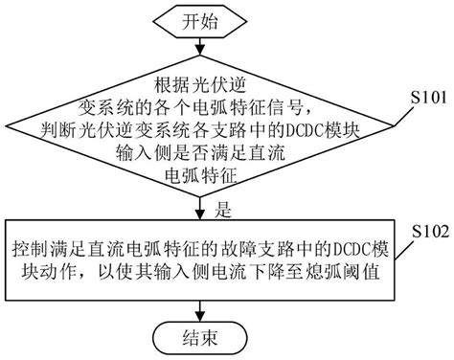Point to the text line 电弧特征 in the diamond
click(198, 174)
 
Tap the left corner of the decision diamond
click(9, 130)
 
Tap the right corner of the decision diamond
click(387, 130)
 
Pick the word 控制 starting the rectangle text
click(30, 247)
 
